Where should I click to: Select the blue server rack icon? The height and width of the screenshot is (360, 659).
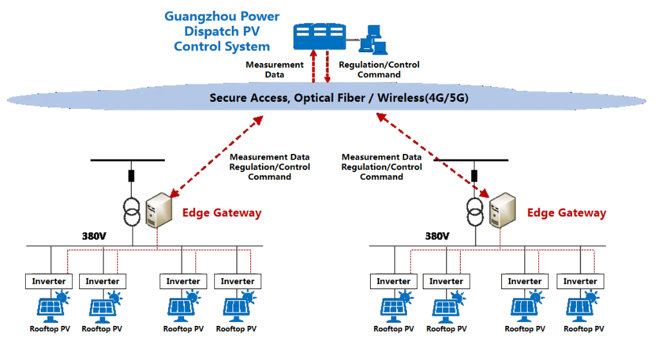[x=320, y=37]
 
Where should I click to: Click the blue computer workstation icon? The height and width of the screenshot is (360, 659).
[x=373, y=40]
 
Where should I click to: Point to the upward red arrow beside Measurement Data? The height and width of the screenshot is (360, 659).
[x=313, y=66]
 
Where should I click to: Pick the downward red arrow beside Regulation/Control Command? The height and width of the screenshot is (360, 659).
[x=328, y=66]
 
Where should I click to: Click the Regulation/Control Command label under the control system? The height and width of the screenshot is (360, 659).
[x=379, y=70]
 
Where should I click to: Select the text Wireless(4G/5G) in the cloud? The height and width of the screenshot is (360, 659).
[x=423, y=98]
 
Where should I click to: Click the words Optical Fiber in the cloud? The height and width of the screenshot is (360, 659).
[x=329, y=98]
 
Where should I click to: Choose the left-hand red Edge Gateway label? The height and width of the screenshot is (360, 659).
[x=222, y=213]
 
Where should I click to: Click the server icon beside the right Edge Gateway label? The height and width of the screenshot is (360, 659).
[x=503, y=210]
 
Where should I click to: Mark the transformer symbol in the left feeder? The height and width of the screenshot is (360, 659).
[x=131, y=211]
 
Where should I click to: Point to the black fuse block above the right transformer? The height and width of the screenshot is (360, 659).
[x=474, y=175]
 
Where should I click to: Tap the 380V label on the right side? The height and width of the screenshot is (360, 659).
[x=437, y=236]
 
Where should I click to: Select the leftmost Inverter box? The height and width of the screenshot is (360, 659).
[x=49, y=281]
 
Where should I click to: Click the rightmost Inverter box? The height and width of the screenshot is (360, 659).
[x=580, y=281]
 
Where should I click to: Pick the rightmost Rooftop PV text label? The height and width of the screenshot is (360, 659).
[x=584, y=329]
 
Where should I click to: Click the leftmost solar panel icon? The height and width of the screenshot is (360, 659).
[x=53, y=306]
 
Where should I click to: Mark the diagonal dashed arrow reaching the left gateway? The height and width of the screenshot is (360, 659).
[x=216, y=156]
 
